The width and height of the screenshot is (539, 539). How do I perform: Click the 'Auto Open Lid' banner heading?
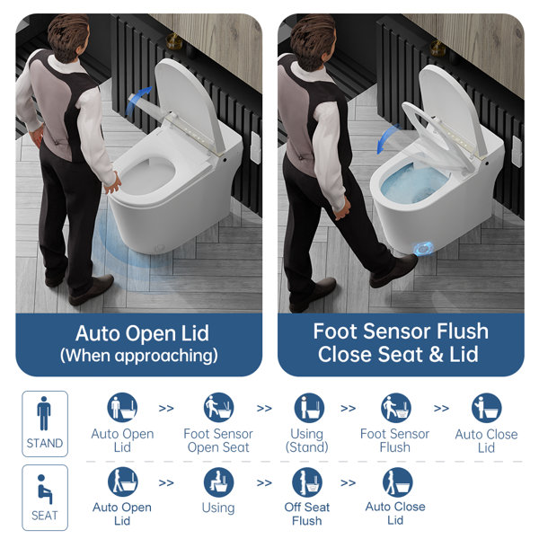[x=142, y=333]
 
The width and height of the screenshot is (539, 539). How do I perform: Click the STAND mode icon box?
[x=45, y=422]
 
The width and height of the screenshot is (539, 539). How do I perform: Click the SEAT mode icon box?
[x=45, y=496]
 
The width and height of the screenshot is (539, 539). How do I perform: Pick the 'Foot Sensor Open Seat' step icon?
[x=218, y=408]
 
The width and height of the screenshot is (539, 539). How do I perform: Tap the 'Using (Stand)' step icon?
[x=308, y=408]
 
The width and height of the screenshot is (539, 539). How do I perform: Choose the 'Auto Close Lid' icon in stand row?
[x=486, y=408]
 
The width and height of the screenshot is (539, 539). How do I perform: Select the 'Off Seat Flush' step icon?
[x=307, y=482]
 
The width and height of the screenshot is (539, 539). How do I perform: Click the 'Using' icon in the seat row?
[x=218, y=482]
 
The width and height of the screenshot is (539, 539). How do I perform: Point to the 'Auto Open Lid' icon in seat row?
[x=123, y=482]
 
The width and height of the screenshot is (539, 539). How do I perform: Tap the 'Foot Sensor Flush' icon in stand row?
[x=396, y=408]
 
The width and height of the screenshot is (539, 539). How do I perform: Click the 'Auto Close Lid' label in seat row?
[x=395, y=514]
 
